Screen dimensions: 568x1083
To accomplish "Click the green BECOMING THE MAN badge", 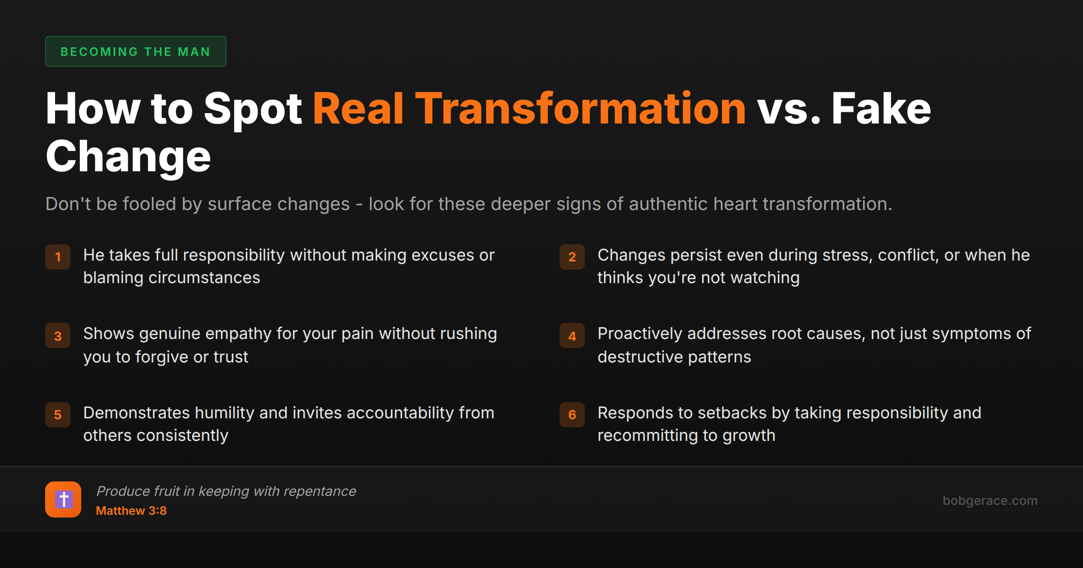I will click(135, 51).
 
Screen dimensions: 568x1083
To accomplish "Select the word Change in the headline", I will click(128, 157).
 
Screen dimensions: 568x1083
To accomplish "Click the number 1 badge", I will click(58, 257).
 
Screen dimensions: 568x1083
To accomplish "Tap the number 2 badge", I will click(572, 257).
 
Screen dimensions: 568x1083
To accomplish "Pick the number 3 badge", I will click(58, 336).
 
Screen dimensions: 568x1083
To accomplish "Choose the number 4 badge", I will click(572, 336).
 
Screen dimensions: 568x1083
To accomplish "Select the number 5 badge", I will click(58, 415).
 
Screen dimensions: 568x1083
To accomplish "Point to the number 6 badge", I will click(572, 415).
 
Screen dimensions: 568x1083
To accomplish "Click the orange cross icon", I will click(63, 499).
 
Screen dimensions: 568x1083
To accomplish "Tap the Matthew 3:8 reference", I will click(131, 511).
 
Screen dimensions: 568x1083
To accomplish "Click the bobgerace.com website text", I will click(990, 500).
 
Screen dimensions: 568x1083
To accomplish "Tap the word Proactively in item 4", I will click(640, 334).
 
